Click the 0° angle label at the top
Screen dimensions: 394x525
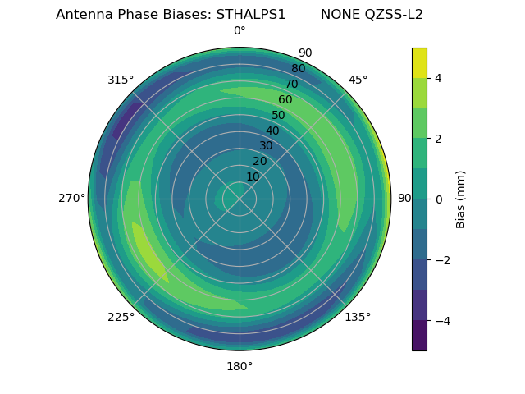[x=240, y=31]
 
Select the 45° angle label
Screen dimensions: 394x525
[x=358, y=80]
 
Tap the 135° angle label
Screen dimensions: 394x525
[x=358, y=317]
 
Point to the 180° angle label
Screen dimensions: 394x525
[x=240, y=366]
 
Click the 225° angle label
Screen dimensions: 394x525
[x=121, y=317]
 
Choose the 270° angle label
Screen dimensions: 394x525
[x=71, y=198]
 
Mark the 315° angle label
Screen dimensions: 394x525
[x=121, y=80]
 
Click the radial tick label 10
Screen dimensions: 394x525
[x=253, y=176]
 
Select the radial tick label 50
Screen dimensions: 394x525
[x=279, y=115]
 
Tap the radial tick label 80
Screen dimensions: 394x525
[x=298, y=69]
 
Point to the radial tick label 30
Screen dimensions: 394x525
[x=266, y=146]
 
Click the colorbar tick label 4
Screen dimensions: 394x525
[x=438, y=78]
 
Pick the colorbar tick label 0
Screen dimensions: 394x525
[x=438, y=199]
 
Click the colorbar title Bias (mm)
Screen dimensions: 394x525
[x=461, y=199]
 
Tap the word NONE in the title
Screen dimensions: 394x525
[x=336, y=15]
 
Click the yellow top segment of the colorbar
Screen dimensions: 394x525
[x=419, y=62]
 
